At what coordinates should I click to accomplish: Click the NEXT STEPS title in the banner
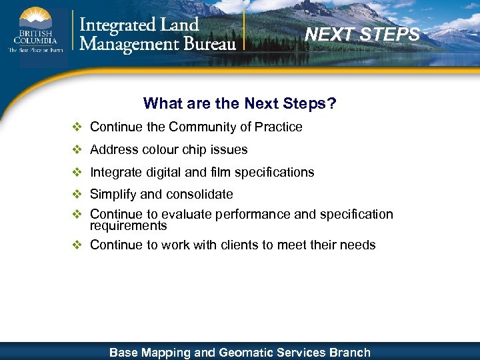[363, 34]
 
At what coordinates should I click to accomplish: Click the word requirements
[128, 226]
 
